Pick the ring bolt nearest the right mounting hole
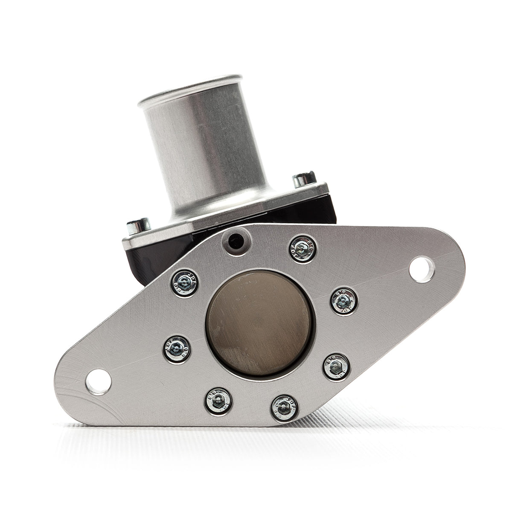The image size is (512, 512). pos(344,300)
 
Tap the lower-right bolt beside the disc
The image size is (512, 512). pos(336,367)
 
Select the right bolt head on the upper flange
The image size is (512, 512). pos(304,179)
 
